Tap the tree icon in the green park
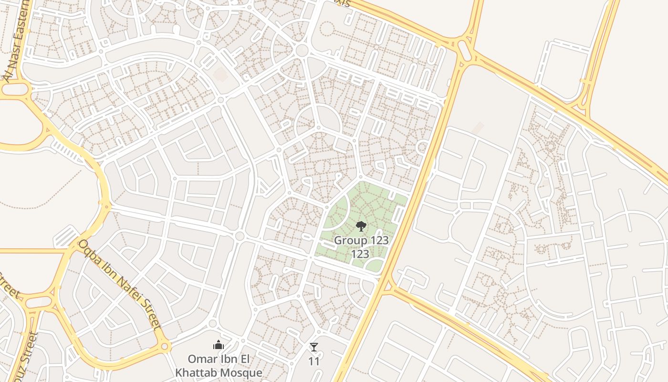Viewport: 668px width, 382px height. pyautogui.click(x=361, y=226)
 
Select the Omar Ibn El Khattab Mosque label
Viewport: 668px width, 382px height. pyautogui.click(x=219, y=366)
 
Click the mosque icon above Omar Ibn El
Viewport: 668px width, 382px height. pyautogui.click(x=219, y=345)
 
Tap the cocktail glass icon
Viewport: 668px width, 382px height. pyautogui.click(x=313, y=347)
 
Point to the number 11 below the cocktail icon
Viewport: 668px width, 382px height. pyautogui.click(x=313, y=361)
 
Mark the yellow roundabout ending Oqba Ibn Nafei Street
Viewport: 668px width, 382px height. pyautogui.click(x=165, y=346)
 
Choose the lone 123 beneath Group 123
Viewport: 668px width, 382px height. pyautogui.click(x=360, y=254)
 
